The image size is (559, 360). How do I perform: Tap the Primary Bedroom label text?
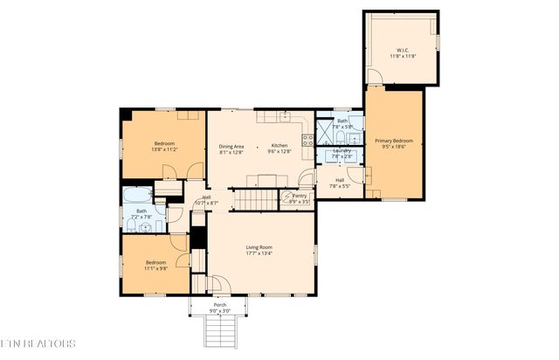click(394, 140)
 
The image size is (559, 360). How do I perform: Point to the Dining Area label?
click(231, 146)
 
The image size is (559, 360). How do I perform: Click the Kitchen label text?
click(279, 146)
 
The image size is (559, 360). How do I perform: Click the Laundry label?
click(342, 150)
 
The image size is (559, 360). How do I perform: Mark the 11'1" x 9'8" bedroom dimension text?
click(155, 268)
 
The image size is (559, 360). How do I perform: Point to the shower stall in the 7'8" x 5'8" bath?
click(325, 132)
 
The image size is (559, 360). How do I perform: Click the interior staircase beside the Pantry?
click(259, 200)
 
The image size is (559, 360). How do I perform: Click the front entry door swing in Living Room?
click(218, 284)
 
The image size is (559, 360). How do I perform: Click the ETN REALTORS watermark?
click(38, 344)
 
